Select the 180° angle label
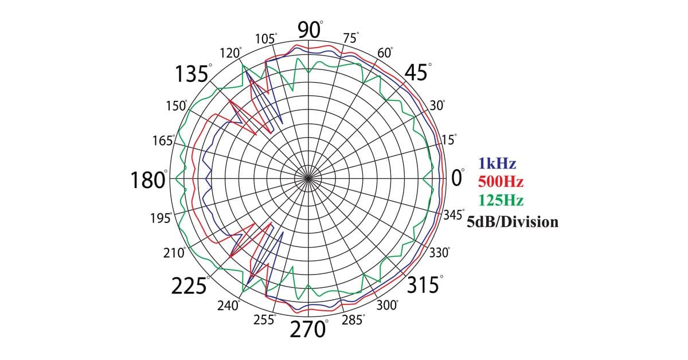point(149,179)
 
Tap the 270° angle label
point(309,328)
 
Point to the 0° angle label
point(458,178)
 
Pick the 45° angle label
point(418,72)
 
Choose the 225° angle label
point(190,285)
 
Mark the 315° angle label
point(425,284)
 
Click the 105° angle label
point(266,39)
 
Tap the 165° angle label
point(164,140)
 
